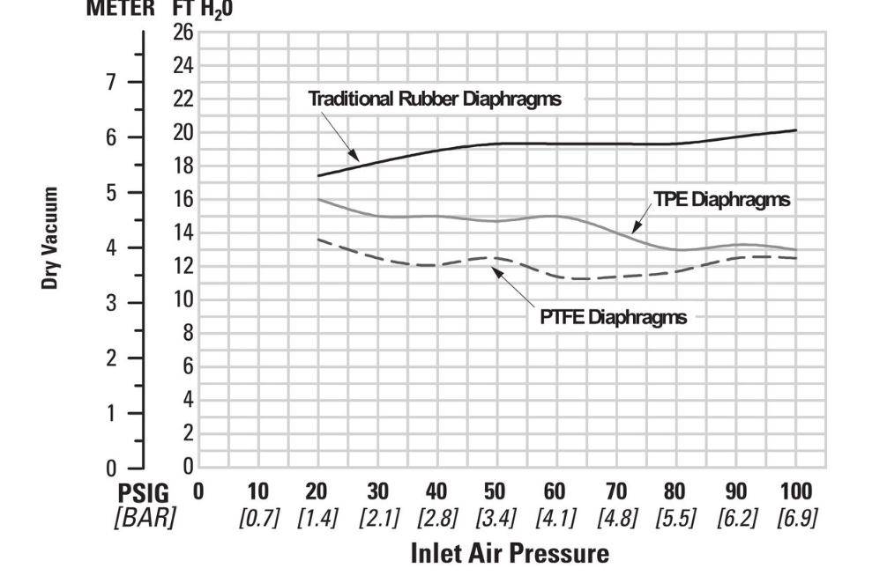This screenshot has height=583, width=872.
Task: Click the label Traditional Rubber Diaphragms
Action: tap(434, 99)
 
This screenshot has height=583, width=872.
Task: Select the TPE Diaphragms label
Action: tap(722, 199)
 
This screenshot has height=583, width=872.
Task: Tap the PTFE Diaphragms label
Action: tap(613, 317)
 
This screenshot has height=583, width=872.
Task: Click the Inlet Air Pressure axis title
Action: tap(509, 553)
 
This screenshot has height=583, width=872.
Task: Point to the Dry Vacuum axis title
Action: tap(52, 237)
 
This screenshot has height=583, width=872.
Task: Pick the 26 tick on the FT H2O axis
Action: tap(182, 33)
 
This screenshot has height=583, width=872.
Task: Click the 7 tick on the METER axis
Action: tap(111, 82)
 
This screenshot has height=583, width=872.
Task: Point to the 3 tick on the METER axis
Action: tap(111, 303)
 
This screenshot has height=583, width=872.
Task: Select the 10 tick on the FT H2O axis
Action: tap(182, 299)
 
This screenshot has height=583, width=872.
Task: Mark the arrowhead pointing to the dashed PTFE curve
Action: tap(496, 270)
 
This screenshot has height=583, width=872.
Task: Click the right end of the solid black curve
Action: tap(796, 130)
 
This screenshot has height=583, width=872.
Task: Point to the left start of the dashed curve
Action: tap(318, 239)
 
